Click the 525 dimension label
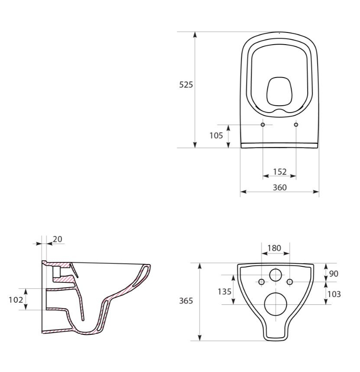[x=186, y=85]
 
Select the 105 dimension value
[x=216, y=136]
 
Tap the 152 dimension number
[x=279, y=171]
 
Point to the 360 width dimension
[x=279, y=187]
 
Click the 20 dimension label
[x=57, y=239]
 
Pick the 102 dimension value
[x=16, y=300]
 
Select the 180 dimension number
[x=274, y=248]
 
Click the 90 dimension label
[x=334, y=274]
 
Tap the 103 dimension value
[x=334, y=294]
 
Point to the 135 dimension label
[x=224, y=291]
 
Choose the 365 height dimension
[x=186, y=301]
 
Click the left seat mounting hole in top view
[x=263, y=125]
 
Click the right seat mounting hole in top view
[x=296, y=125]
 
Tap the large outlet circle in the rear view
[x=275, y=304]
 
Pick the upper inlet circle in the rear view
[x=276, y=275]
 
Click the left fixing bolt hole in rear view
[x=261, y=282]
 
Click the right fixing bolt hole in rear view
[x=290, y=282]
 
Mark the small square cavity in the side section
[x=56, y=272]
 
